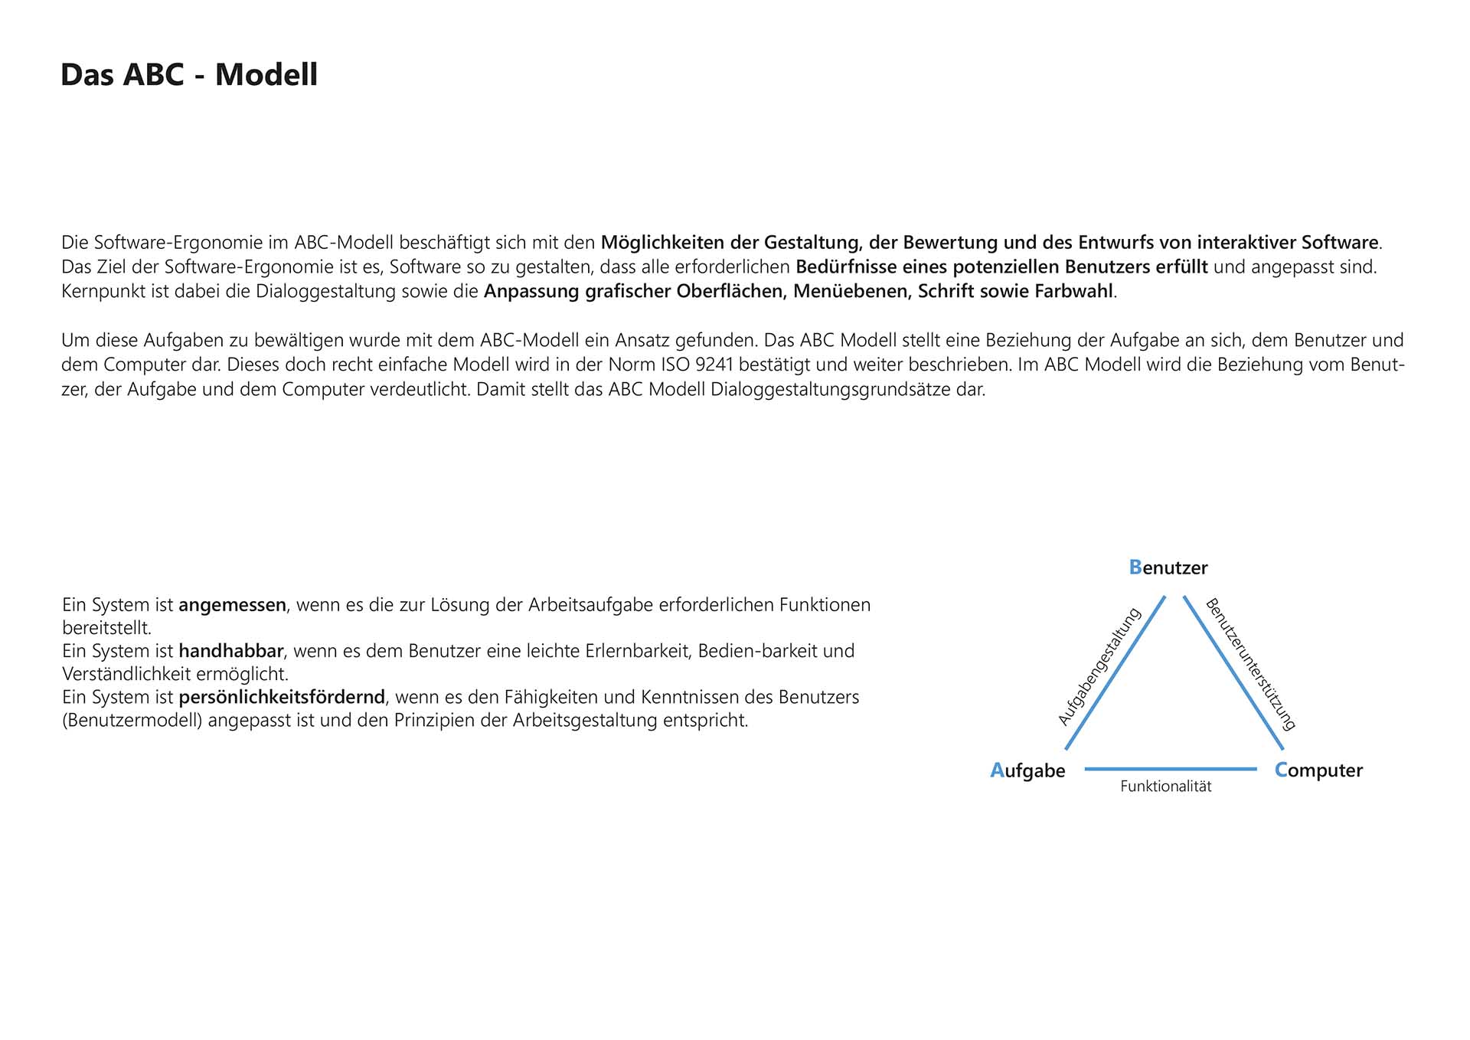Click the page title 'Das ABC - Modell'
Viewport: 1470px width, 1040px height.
(188, 75)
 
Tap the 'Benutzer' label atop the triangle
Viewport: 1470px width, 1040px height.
(1168, 567)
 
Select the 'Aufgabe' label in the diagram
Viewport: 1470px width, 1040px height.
(1027, 770)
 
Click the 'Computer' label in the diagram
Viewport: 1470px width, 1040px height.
(1318, 770)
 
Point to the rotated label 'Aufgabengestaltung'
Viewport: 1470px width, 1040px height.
(1099, 666)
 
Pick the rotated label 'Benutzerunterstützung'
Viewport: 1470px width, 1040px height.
(1250, 664)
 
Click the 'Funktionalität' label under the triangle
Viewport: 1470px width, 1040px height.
(1165, 787)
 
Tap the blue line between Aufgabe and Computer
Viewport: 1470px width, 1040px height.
(1171, 769)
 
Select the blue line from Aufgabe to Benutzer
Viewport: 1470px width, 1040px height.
(1115, 672)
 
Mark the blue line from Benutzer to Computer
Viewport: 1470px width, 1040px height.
(1233, 672)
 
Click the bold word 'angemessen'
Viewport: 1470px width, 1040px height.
(232, 605)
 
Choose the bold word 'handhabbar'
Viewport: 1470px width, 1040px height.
(230, 651)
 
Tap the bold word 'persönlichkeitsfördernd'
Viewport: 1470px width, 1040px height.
(281, 698)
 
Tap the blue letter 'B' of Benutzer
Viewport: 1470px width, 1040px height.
(1135, 567)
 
